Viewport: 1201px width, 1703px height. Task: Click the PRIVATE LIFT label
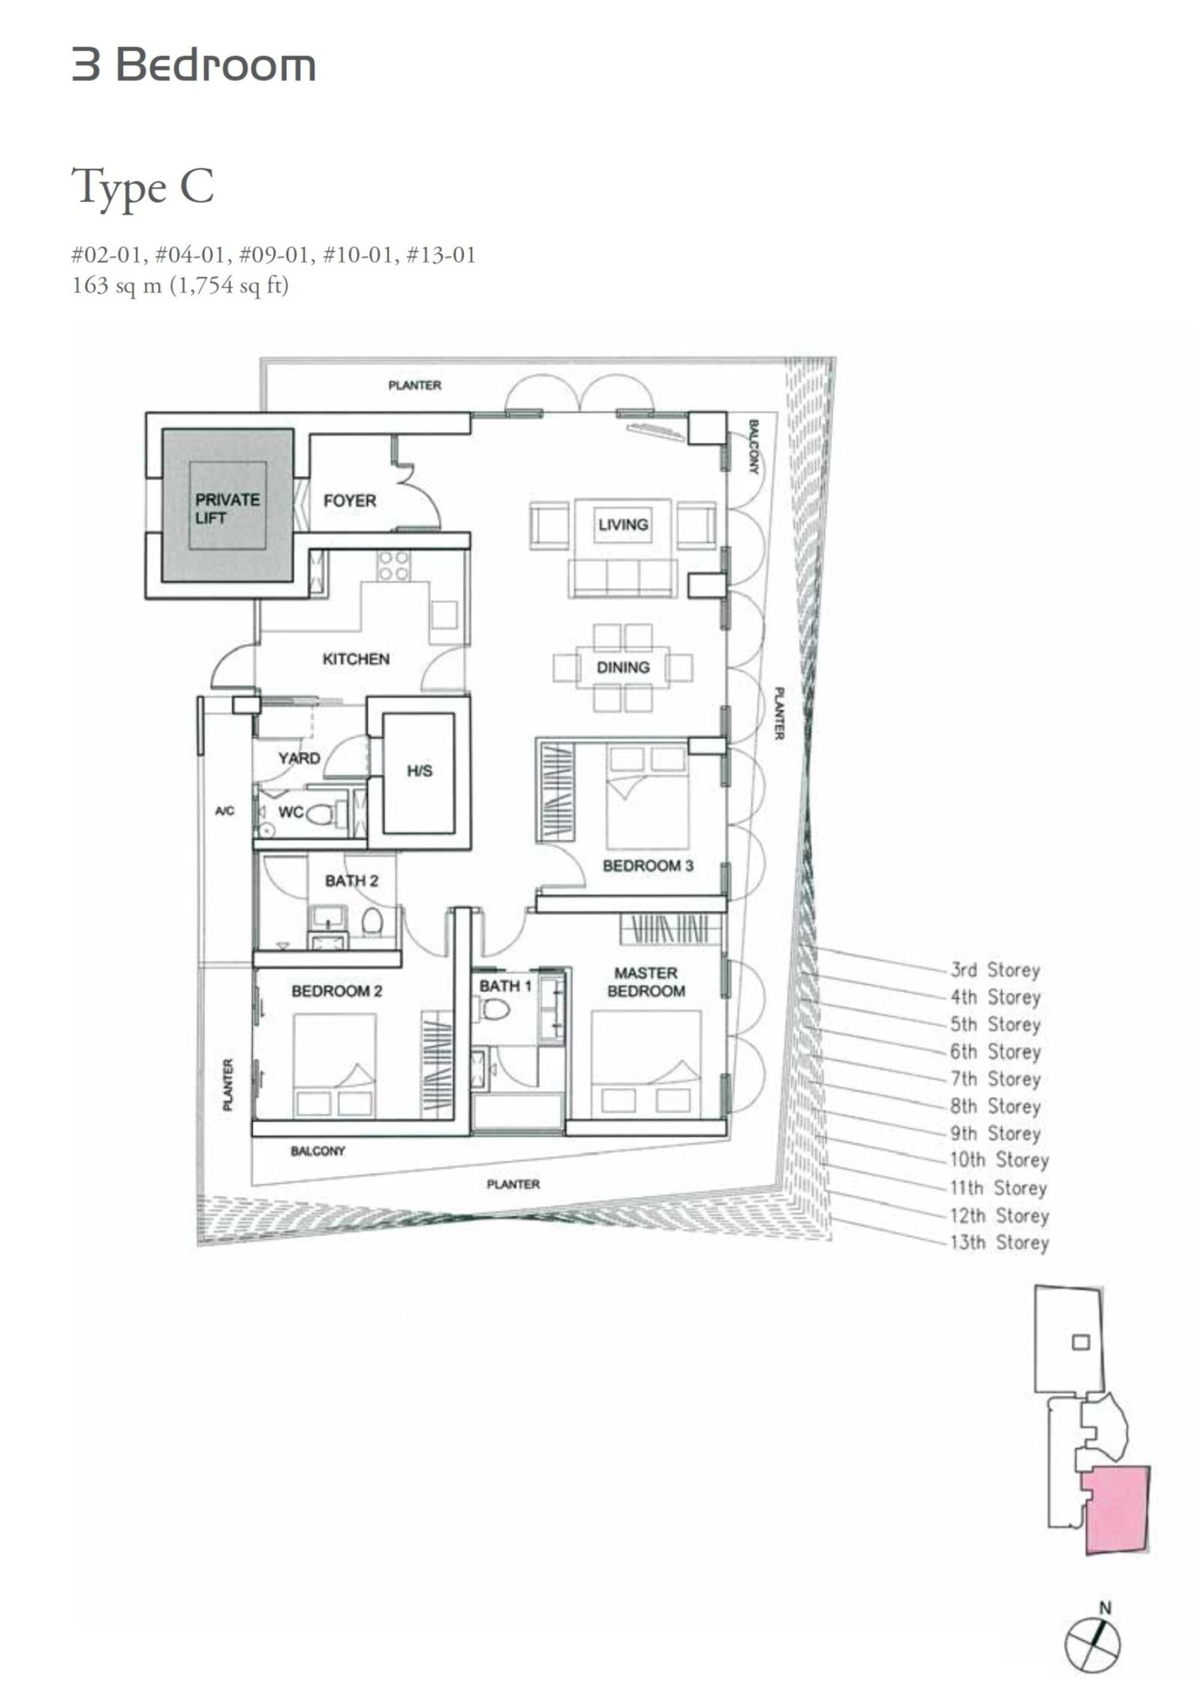227,508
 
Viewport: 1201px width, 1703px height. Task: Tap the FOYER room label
349,500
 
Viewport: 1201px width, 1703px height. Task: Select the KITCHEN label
356,659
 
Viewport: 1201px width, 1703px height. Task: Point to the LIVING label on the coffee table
623,524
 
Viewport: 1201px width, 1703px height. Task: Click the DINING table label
623,667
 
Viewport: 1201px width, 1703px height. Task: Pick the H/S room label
420,771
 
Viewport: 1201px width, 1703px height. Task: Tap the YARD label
299,758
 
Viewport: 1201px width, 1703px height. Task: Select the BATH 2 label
351,880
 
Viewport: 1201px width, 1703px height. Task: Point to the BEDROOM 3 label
648,865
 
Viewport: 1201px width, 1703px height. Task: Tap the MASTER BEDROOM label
646,981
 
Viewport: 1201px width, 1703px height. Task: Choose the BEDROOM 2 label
336,991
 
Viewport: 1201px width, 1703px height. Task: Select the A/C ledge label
224,811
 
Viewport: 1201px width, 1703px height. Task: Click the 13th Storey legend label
999,1243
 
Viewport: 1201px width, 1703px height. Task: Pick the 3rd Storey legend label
995,970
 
